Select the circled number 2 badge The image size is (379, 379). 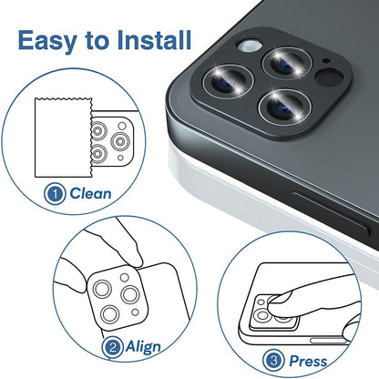113,347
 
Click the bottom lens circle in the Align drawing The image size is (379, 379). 108,315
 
